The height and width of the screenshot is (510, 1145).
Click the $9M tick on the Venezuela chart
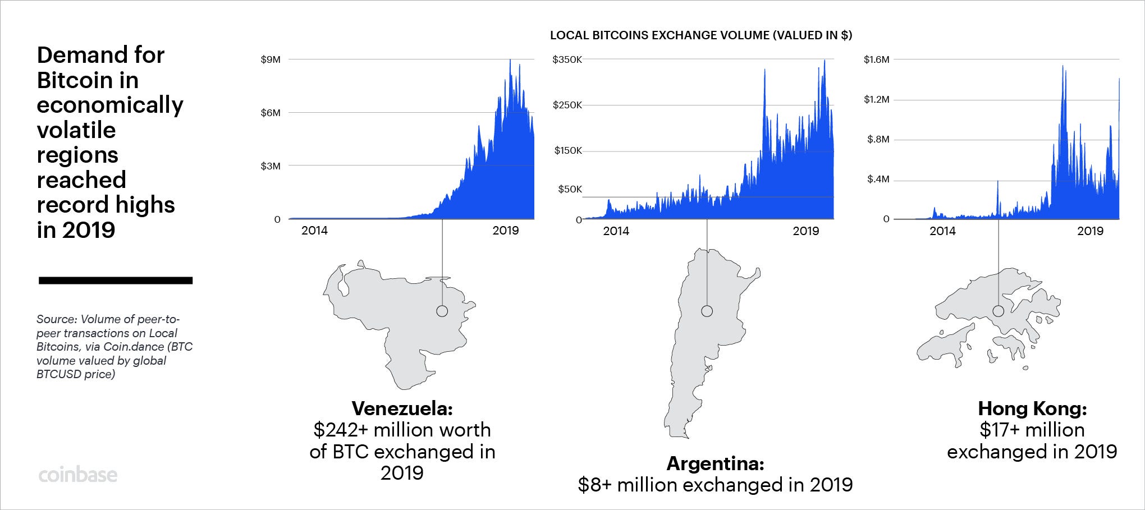click(x=270, y=59)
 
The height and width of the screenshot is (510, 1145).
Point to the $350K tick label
click(x=567, y=59)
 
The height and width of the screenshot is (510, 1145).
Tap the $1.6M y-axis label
click(x=876, y=59)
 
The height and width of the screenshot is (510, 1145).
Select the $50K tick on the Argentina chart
click(x=570, y=189)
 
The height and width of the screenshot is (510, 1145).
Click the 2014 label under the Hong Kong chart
click(x=942, y=231)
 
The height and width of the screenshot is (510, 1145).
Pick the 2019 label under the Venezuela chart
click(x=505, y=230)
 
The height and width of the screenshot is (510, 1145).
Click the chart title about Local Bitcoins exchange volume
click(x=700, y=35)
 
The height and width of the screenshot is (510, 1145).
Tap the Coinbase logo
click(x=78, y=475)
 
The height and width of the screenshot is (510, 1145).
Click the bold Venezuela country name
click(x=402, y=408)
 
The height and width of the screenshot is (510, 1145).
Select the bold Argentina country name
click(x=715, y=464)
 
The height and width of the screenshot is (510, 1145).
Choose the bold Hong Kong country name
click(x=1032, y=408)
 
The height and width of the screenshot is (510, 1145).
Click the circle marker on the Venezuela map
click(x=442, y=311)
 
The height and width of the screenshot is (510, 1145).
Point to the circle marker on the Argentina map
click(x=707, y=311)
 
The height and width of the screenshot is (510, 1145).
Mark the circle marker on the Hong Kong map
click(x=999, y=311)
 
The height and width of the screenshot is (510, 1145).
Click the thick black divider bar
click(x=116, y=281)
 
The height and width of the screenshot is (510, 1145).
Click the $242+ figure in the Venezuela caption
click(x=341, y=430)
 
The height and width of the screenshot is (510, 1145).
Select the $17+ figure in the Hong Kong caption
click(x=997, y=430)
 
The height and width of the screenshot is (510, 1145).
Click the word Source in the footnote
click(x=56, y=319)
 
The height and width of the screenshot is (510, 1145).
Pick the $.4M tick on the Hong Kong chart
click(x=878, y=179)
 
